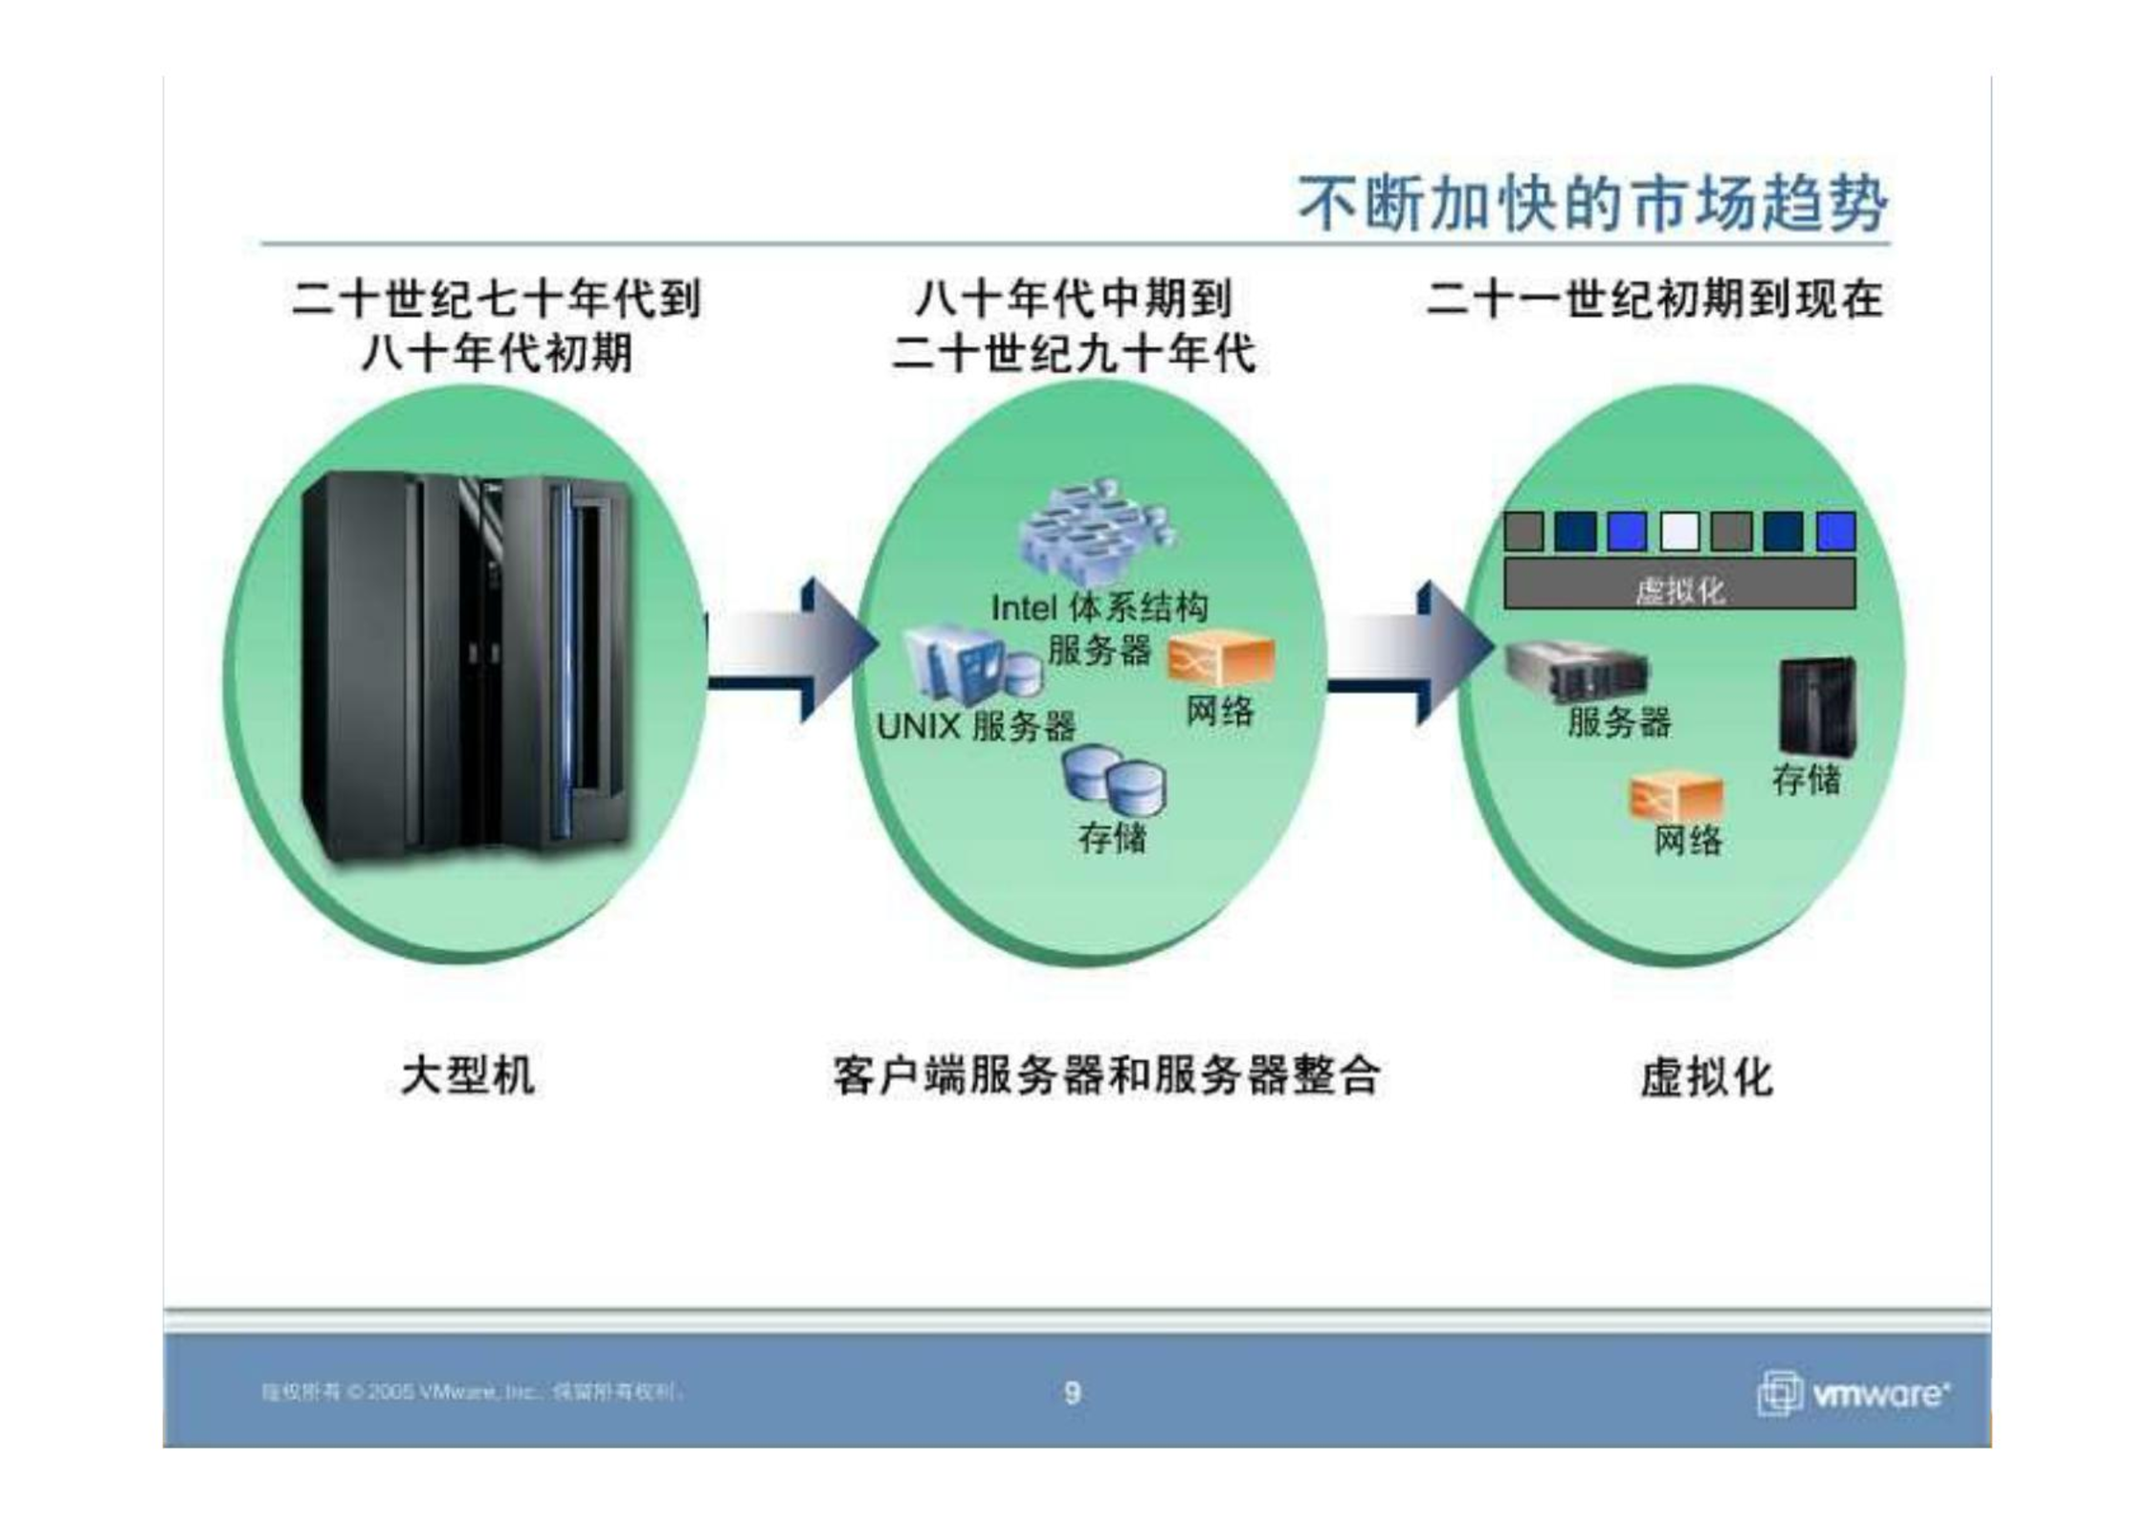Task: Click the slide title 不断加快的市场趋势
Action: (x=1592, y=204)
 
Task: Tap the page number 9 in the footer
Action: (x=1073, y=1392)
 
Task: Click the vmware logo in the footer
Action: (x=1853, y=1393)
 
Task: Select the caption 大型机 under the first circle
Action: (x=468, y=1075)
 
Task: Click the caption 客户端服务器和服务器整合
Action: (x=1106, y=1075)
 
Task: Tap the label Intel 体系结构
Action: (x=1100, y=608)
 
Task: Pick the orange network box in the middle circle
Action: (x=1220, y=661)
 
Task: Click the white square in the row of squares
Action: (x=1679, y=532)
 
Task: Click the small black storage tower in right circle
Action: (x=1816, y=705)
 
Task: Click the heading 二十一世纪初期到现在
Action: (x=1655, y=299)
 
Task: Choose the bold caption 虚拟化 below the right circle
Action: (x=1706, y=1077)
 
